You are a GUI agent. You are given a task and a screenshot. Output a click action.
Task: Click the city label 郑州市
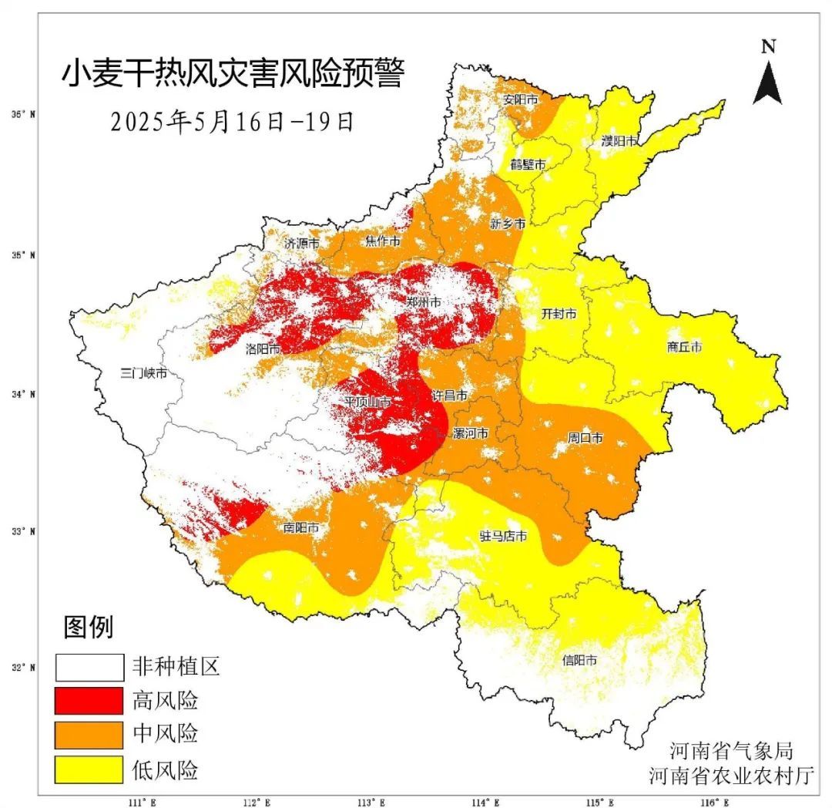point(424,302)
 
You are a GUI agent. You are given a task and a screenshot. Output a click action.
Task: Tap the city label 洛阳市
point(263,348)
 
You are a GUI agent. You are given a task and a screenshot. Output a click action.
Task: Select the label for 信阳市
point(579,660)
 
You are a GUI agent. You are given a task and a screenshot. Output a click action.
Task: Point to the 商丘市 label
point(684,347)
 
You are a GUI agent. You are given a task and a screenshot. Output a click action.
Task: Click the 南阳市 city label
point(301,529)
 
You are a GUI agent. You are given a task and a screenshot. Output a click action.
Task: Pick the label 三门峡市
point(144,373)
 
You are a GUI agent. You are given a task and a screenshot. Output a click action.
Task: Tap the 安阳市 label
point(520,99)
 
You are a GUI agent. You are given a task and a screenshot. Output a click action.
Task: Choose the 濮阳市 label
point(619,141)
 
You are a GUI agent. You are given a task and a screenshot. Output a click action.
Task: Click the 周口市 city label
point(585,438)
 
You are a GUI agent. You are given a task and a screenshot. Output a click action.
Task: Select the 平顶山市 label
point(367,402)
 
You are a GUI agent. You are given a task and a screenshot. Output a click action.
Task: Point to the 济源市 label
point(301,242)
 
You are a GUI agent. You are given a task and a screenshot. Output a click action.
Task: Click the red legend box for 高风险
point(89,701)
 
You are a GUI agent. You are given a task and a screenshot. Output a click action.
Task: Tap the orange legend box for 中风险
point(89,735)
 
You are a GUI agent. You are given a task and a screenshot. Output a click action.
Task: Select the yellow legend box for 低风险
point(89,769)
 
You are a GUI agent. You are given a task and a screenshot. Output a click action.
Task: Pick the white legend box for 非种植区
point(89,667)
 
